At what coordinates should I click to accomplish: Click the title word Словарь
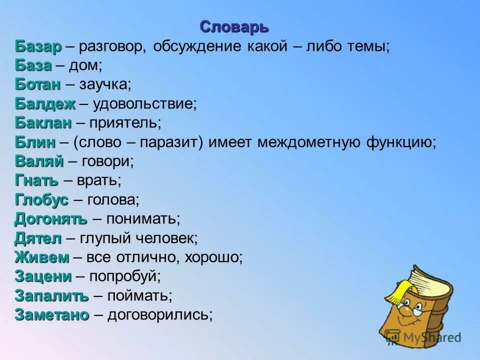click(x=234, y=26)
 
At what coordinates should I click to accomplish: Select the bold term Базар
click(x=38, y=46)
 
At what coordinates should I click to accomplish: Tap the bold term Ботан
click(x=37, y=85)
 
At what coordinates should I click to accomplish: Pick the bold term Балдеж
click(x=45, y=104)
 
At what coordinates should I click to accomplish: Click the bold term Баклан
click(x=43, y=123)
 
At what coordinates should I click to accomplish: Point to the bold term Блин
click(x=34, y=142)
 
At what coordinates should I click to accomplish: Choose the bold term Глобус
click(x=41, y=200)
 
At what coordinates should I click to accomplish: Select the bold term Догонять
click(x=50, y=219)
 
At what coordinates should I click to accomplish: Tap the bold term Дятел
click(x=38, y=238)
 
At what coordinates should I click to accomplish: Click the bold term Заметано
click(x=51, y=315)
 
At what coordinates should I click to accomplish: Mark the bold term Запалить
click(x=51, y=296)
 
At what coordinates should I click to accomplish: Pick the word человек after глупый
click(x=167, y=238)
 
